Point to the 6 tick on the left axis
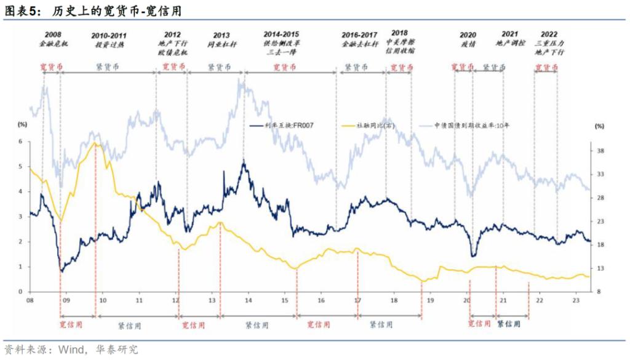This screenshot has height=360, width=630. [20, 142]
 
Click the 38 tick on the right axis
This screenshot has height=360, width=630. [600, 151]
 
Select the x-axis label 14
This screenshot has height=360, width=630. [248, 301]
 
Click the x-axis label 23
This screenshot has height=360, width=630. [575, 301]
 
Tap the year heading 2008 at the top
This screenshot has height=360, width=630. [53, 34]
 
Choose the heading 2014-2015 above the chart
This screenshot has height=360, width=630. [281, 34]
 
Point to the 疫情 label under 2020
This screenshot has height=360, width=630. [468, 45]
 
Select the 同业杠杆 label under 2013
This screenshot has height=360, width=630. [223, 45]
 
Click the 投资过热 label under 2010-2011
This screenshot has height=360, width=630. [109, 45]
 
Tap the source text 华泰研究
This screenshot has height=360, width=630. [117, 350]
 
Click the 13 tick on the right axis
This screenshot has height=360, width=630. [600, 268]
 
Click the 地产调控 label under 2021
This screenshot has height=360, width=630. [510, 44]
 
